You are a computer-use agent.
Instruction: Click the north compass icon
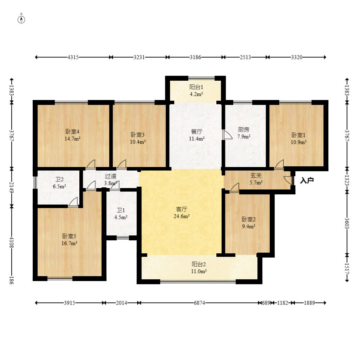tap(21, 20)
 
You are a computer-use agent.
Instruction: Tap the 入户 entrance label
tap(307, 181)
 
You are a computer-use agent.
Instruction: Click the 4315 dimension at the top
tap(73, 57)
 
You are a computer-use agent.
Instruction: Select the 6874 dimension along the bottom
tap(199, 303)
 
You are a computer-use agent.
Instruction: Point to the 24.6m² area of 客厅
tap(182, 216)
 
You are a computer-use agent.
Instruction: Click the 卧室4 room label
tap(73, 132)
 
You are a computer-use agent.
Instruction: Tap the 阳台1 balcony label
tap(196, 87)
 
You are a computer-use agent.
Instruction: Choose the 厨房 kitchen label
tap(244, 129)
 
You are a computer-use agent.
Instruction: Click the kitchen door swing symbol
tap(228, 135)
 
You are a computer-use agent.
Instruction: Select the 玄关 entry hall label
tap(256, 175)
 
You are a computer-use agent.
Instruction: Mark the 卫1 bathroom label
tap(121, 210)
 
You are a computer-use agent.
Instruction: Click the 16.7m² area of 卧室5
tap(69, 243)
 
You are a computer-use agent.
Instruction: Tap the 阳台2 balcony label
tap(199, 264)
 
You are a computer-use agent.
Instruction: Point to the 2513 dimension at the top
tap(245, 57)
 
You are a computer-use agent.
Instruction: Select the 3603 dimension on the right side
tap(347, 223)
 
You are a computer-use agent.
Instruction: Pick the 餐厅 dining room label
tap(197, 132)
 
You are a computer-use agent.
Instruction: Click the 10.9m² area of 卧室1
tap(298, 142)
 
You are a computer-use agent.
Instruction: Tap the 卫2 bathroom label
tap(59, 179)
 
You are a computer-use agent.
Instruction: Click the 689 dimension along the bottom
tap(266, 303)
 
